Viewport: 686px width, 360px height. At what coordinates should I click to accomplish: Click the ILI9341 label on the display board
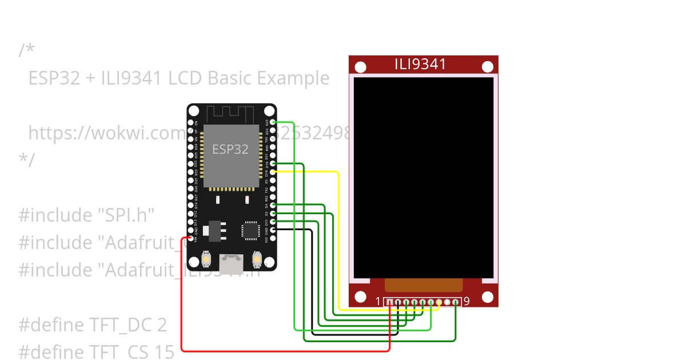420,64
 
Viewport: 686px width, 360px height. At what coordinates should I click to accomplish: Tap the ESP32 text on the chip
230,149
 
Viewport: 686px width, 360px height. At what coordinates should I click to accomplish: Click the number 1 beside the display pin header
378,302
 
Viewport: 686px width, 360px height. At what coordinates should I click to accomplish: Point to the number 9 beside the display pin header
467,302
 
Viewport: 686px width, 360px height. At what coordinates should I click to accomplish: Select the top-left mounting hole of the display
360,67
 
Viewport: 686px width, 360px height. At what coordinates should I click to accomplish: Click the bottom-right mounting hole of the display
487,297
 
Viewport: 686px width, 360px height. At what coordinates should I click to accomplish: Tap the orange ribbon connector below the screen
423,285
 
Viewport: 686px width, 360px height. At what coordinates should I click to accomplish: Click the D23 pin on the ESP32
273,122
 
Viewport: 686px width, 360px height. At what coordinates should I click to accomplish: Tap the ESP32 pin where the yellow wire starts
273,171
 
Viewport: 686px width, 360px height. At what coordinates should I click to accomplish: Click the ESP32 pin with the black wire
273,229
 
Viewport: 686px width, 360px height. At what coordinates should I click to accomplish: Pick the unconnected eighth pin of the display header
447,302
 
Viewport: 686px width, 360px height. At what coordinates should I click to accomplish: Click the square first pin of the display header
389,302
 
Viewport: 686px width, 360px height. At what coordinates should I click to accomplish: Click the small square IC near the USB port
250,230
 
